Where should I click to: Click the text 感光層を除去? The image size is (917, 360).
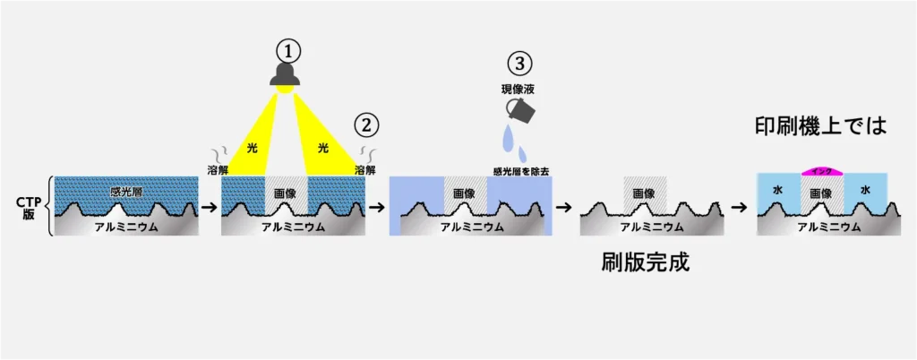tap(520, 169)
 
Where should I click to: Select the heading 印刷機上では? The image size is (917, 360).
tap(821, 127)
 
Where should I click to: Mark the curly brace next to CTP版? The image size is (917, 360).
tap(48, 207)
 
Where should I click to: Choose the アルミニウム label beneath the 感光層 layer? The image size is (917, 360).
tap(126, 227)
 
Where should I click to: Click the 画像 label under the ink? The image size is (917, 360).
tap(821, 192)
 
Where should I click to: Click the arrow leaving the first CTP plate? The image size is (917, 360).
tap(208, 207)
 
